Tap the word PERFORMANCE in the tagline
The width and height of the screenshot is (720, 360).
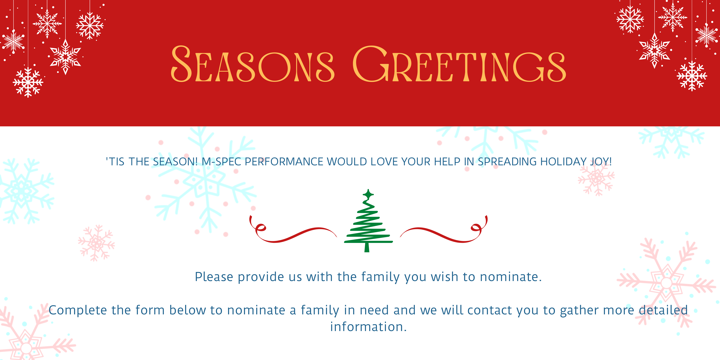coord(284,162)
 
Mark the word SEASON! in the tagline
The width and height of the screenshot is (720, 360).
coord(175,162)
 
